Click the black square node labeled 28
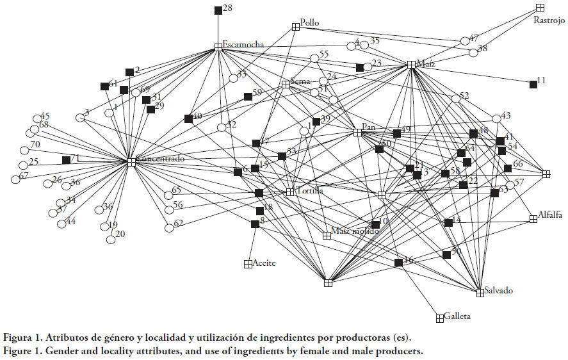pyautogui.click(x=218, y=10)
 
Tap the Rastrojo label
pyautogui.click(x=549, y=20)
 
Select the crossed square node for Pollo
pyautogui.click(x=296, y=26)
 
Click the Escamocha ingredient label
pyautogui.click(x=243, y=44)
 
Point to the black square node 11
pyautogui.click(x=533, y=84)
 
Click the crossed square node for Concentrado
pyautogui.click(x=131, y=162)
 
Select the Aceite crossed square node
pyautogui.click(x=248, y=264)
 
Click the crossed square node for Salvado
pyautogui.click(x=480, y=292)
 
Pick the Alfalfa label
pyautogui.click(x=550, y=215)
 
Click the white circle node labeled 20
pyautogui.click(x=110, y=240)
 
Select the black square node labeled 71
pyautogui.click(x=66, y=160)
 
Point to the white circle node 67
pyautogui.click(x=15, y=179)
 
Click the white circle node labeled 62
pyautogui.click(x=169, y=227)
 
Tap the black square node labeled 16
pyautogui.click(x=398, y=263)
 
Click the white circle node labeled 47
pyautogui.click(x=466, y=40)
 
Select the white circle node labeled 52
pyautogui.click(x=456, y=99)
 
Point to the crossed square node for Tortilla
pyautogui.click(x=290, y=192)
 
